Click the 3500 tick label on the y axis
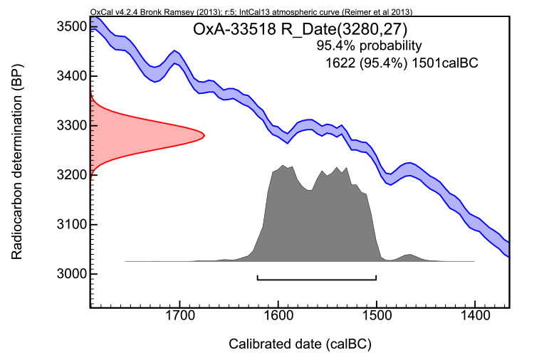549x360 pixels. point(71,27)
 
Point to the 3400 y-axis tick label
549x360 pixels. point(71,76)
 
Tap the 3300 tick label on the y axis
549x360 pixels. point(71,126)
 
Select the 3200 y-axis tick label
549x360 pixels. point(71,175)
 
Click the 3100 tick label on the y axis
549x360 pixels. point(71,225)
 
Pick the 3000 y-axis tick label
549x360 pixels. point(71,274)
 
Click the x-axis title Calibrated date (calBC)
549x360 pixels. point(300,344)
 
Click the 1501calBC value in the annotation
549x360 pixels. point(445,63)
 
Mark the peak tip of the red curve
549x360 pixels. point(204,135)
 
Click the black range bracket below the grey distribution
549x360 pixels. point(317,279)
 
